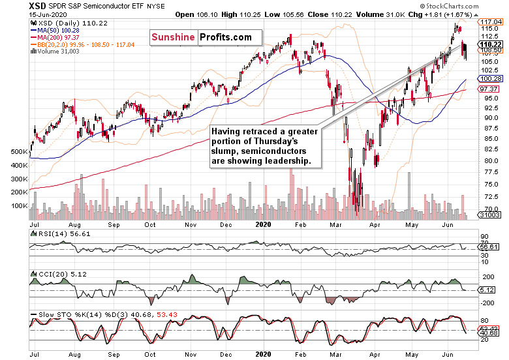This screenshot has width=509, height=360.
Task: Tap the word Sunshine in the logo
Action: point(173,37)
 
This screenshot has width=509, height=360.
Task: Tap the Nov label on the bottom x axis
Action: point(191,354)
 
